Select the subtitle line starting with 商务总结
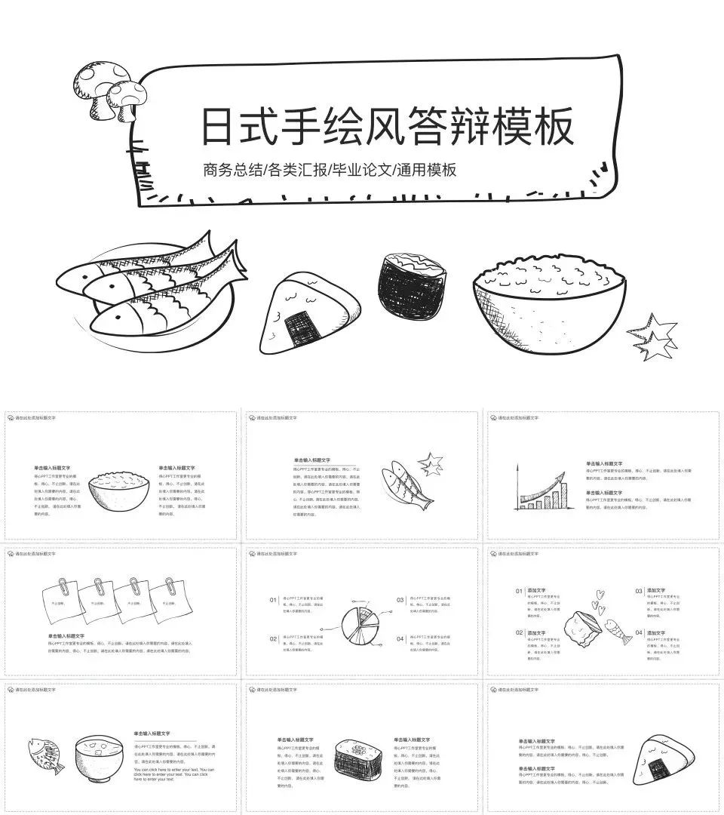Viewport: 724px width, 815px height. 330,170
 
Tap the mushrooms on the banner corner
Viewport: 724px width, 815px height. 109,92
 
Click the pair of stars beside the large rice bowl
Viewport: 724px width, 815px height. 653,337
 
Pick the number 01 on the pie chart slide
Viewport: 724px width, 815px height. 273,600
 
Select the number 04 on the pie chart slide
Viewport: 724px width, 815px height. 400,638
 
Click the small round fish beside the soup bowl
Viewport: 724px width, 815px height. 44,755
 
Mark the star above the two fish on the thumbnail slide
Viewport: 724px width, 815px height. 431,462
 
